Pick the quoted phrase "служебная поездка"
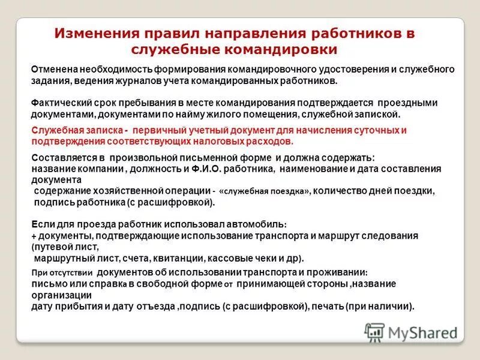(265, 191)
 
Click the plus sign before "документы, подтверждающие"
(34, 236)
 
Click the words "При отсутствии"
(55, 273)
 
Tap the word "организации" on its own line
(61, 295)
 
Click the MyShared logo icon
(374, 332)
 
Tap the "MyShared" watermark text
(423, 332)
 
